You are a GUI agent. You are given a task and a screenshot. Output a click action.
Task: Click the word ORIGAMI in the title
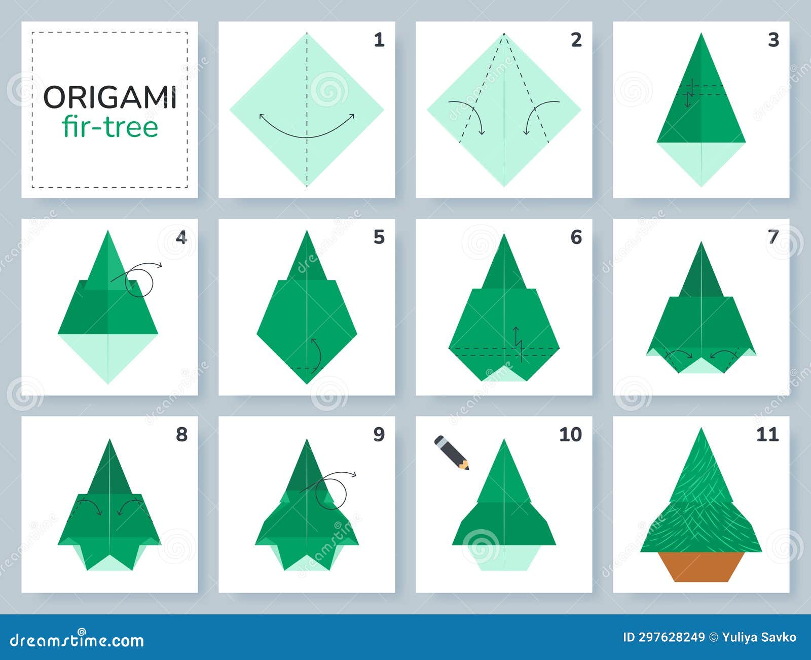[x=110, y=97]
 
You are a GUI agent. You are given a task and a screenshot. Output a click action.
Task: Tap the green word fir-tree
[x=110, y=127]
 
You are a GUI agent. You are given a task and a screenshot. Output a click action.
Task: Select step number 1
[x=379, y=40]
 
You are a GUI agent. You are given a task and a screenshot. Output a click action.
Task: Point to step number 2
[x=576, y=40]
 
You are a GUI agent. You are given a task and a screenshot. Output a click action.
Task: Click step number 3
[x=773, y=40]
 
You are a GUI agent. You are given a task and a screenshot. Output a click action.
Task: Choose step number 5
[x=379, y=237]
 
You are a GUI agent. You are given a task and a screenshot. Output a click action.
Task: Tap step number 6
[x=576, y=237]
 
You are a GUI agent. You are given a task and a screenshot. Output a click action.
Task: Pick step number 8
[x=181, y=434]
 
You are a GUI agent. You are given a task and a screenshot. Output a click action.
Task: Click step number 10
[x=570, y=434]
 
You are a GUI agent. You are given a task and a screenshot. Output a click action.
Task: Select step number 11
[x=767, y=434]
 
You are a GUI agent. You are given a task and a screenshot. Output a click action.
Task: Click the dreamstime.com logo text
[x=77, y=641]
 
